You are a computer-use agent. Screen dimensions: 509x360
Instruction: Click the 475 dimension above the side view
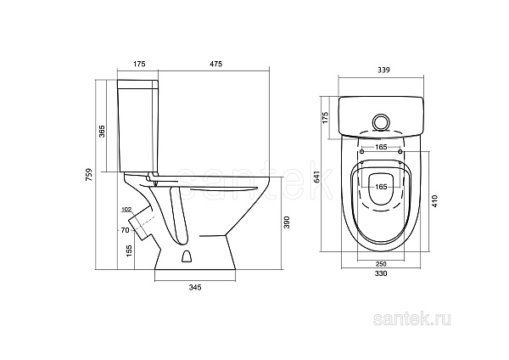(215, 64)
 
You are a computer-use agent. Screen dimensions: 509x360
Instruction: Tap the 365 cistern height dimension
(102, 132)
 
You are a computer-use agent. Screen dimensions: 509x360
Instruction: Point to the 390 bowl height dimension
(287, 222)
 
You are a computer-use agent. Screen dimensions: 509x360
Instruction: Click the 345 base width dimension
(195, 287)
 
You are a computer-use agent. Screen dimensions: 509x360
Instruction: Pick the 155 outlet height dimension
(129, 251)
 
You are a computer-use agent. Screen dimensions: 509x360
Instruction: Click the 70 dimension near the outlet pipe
(125, 230)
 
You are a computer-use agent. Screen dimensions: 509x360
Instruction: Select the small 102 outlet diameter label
(126, 210)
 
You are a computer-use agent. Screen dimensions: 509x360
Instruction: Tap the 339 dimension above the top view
(383, 70)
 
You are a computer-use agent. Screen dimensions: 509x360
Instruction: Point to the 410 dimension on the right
(434, 201)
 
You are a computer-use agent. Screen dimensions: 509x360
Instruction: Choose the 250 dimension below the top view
(381, 263)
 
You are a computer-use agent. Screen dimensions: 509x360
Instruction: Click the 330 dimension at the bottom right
(381, 273)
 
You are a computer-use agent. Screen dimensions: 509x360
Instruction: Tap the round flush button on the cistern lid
(380, 122)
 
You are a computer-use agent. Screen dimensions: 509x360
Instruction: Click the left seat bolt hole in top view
(362, 152)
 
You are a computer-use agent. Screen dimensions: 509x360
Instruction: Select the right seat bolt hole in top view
(400, 152)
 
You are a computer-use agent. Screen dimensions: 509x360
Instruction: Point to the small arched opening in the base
(187, 256)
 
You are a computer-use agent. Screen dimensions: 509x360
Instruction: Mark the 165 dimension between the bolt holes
(381, 147)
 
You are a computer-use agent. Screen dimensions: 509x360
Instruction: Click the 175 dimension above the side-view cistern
(138, 64)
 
